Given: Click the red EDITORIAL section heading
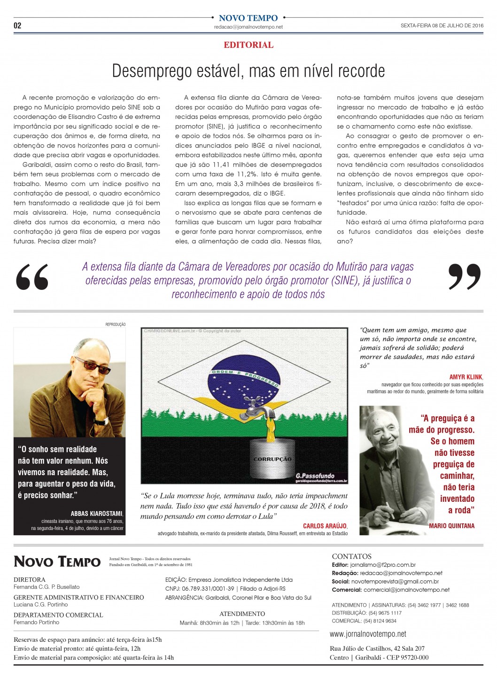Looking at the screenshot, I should click(x=248, y=45).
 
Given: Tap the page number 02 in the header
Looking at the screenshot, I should click(x=17, y=25).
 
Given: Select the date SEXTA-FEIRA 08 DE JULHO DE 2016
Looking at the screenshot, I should click(x=442, y=26).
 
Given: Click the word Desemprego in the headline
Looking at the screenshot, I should click(x=152, y=71).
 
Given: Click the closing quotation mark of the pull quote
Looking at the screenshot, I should click(x=464, y=277).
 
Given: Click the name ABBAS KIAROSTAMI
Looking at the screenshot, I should click(x=96, y=514).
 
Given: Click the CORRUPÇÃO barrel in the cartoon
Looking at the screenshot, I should click(x=272, y=458).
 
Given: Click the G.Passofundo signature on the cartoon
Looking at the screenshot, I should click(x=315, y=476).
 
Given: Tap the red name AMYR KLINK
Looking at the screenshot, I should click(x=466, y=377).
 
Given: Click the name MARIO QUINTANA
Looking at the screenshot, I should click(x=451, y=526).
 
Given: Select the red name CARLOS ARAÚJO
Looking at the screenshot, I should click(x=325, y=526).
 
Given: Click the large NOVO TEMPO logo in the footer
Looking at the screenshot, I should click(x=57, y=562).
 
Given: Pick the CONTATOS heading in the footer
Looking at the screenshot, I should click(x=351, y=556).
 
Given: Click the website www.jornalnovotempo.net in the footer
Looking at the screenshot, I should click(x=368, y=634).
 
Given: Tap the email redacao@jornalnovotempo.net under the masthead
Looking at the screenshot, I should click(x=248, y=27).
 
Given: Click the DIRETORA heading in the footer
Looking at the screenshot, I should click(x=30, y=579).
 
